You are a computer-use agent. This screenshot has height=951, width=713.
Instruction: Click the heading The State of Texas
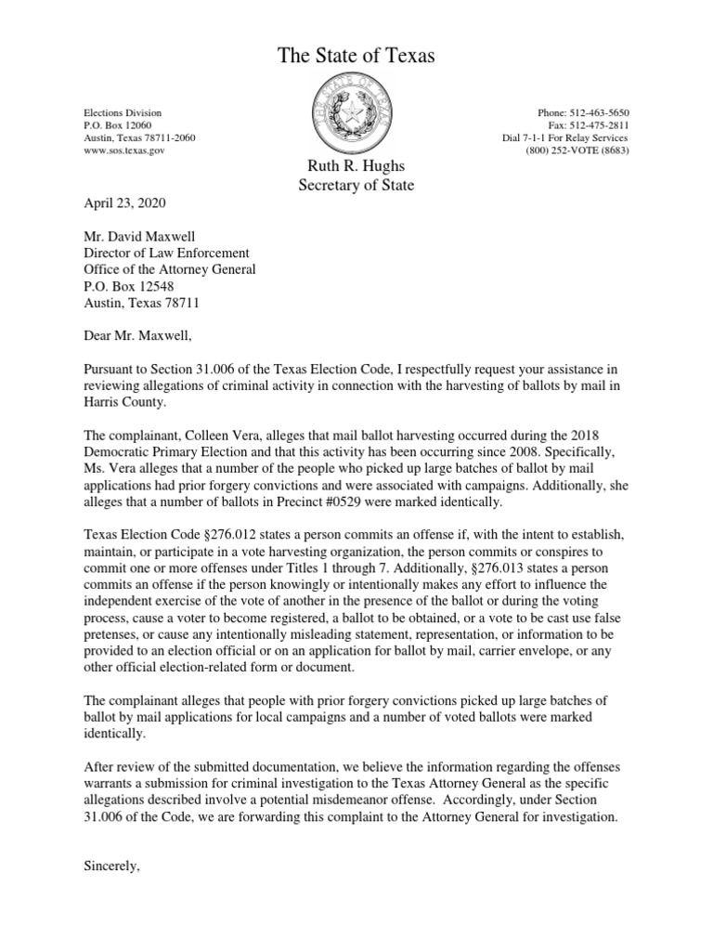pos(356,58)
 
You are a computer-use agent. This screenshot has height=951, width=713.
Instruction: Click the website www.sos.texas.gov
pos(123,150)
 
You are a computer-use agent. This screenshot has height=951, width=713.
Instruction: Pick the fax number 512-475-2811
pos(603,125)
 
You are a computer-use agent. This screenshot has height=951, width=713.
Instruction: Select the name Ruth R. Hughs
pos(356,166)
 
